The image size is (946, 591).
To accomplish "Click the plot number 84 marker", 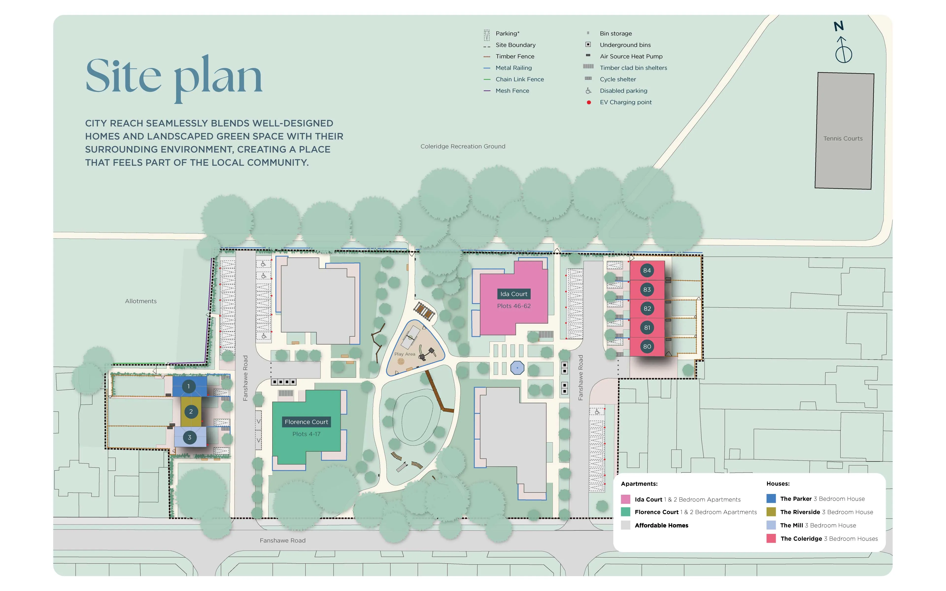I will tap(647, 270).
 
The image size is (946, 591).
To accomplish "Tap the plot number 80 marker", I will tap(647, 346).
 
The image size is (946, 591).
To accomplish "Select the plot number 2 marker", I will tap(191, 411).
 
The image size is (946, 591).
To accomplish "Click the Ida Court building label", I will tap(514, 294).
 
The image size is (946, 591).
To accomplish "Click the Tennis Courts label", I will tap(843, 138).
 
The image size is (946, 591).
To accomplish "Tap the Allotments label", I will tap(141, 301).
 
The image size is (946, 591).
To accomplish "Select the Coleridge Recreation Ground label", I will tap(463, 146).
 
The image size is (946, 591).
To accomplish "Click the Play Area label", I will tap(405, 354).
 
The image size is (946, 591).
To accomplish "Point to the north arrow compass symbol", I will tap(843, 49).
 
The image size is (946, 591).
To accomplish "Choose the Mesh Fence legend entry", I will tap(512, 91).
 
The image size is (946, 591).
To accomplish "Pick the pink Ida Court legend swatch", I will tap(625, 499).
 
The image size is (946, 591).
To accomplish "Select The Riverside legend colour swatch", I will tap(771, 512).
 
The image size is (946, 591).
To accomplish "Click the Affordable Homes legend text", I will tap(661, 525).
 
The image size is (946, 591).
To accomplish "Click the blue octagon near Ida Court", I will tap(517, 368).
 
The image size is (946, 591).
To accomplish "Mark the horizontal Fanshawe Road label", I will tap(283, 541).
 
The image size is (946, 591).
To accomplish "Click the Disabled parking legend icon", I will tap(588, 91).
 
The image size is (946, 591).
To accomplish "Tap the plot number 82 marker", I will tap(647, 308).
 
